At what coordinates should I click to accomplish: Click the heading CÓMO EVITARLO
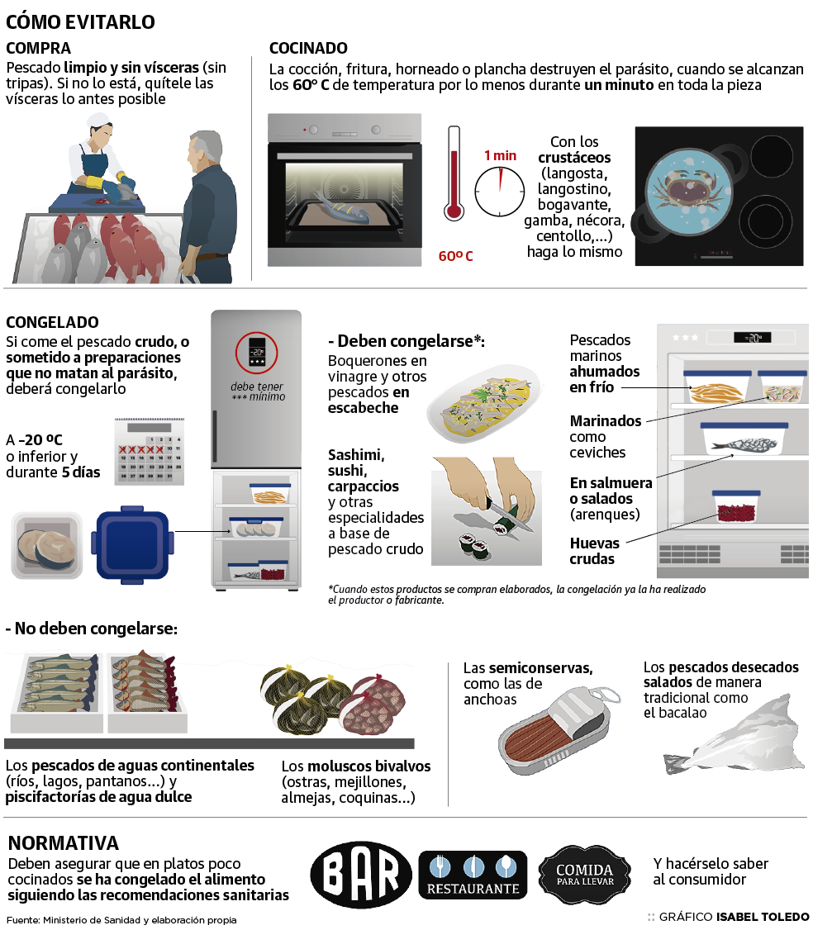(80, 22)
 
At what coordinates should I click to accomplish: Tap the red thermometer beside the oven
(454, 173)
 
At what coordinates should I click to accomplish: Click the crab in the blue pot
(687, 191)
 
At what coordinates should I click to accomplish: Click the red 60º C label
(456, 256)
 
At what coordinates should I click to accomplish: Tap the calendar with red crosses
(149, 451)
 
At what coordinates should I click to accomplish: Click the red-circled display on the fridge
(256, 353)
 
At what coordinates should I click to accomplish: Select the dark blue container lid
(132, 544)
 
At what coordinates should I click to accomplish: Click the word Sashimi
(356, 455)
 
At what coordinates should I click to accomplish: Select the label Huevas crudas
(595, 551)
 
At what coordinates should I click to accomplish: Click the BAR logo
(361, 874)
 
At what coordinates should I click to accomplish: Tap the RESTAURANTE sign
(473, 874)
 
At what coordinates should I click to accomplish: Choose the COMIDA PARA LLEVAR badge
(584, 875)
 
